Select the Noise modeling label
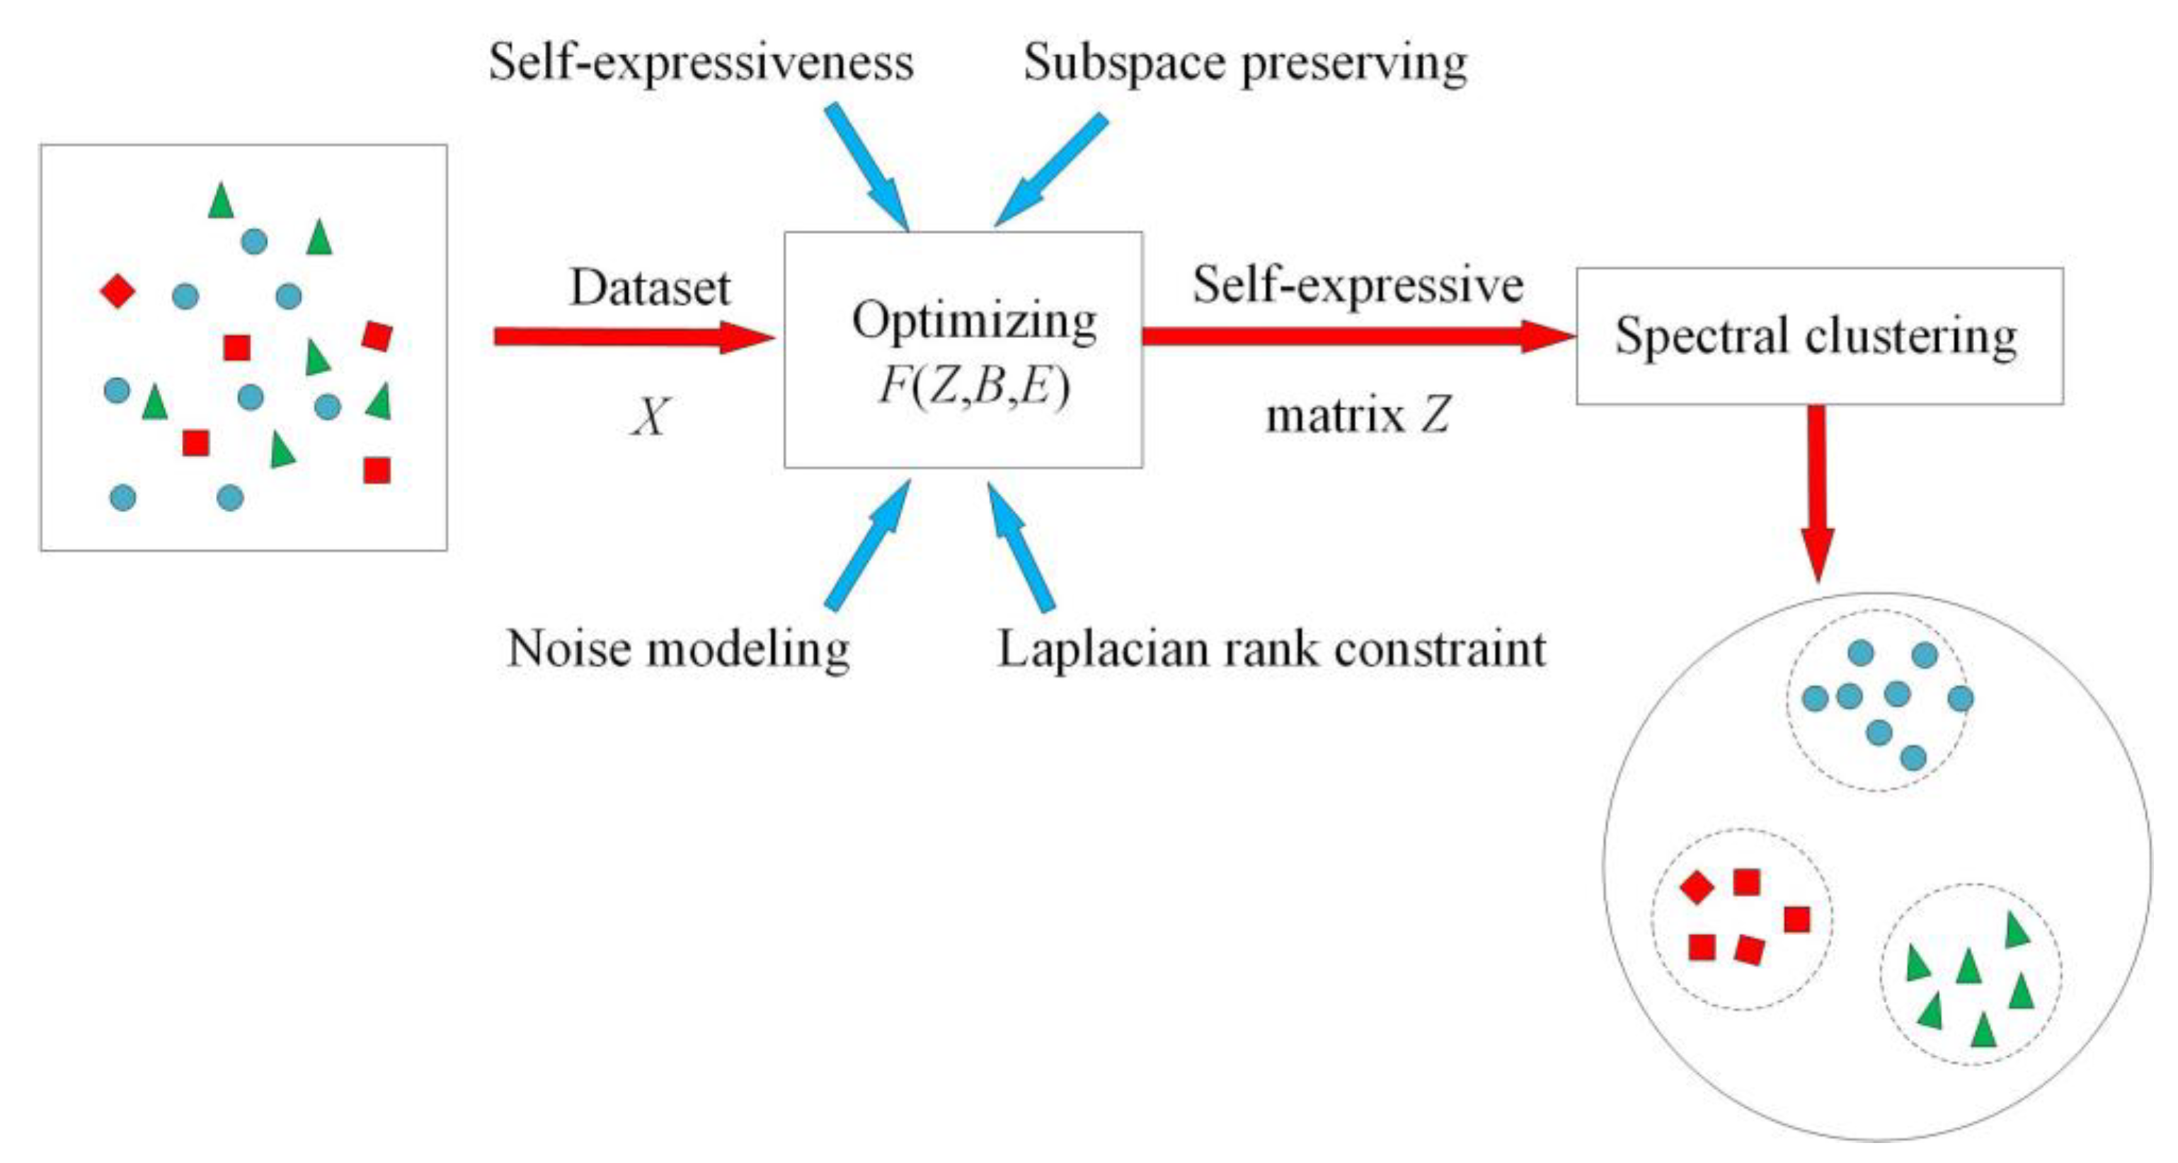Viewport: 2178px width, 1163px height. pos(678,650)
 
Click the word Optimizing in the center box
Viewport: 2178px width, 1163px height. pos(974,321)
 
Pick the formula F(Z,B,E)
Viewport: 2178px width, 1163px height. pos(974,387)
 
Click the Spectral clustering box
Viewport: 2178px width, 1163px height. pos(1818,337)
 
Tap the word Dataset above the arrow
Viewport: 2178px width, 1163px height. pos(649,288)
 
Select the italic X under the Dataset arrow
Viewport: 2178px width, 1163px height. pos(649,417)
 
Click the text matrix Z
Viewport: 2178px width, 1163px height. pos(1357,417)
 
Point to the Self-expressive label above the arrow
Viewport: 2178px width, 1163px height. pos(1357,285)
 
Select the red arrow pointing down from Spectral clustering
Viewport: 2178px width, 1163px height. pos(1817,490)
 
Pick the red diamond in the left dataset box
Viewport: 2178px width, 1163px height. pos(118,291)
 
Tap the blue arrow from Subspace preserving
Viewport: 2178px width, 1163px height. pos(1052,170)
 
